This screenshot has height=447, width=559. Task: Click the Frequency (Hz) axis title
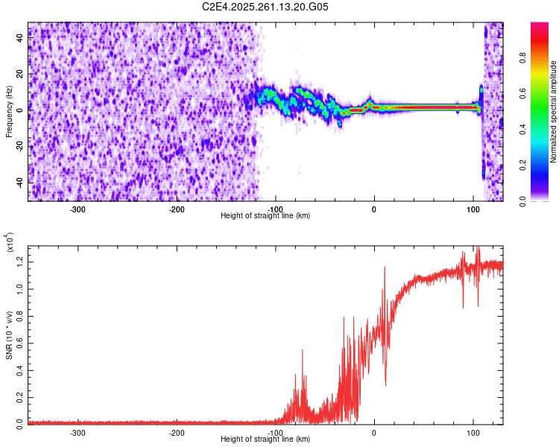coord(10,112)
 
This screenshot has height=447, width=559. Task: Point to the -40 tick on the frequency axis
coord(21,181)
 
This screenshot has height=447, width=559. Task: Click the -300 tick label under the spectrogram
coord(78,209)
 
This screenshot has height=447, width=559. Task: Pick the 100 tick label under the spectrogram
coord(473,209)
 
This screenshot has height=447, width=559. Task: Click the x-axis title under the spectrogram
coord(265,216)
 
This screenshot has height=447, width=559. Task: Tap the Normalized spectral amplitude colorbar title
coord(554,112)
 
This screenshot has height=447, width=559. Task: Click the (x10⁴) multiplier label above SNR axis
coord(10,243)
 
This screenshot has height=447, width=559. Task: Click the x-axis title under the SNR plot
coord(265,440)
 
